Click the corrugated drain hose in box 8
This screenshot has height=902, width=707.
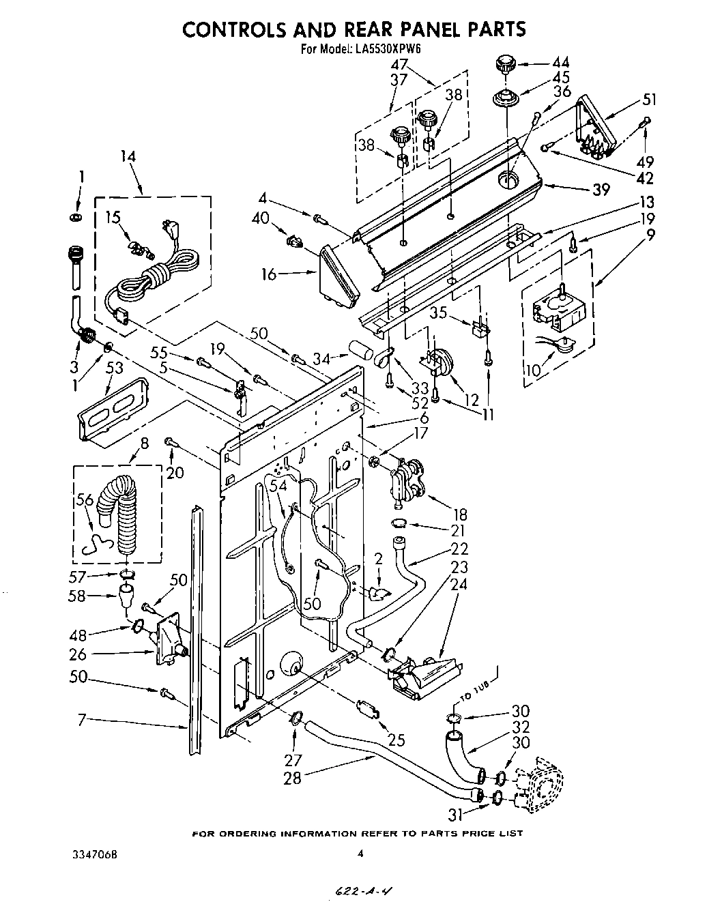click(124, 508)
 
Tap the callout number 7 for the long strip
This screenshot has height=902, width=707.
click(81, 718)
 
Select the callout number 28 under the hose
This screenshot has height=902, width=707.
click(292, 777)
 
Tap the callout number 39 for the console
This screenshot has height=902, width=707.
click(601, 190)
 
